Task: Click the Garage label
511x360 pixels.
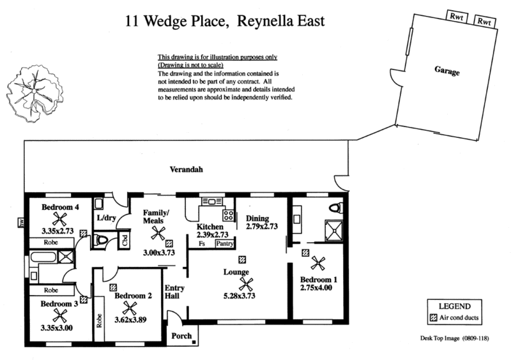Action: tap(446, 71)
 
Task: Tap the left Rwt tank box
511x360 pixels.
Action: tap(457, 17)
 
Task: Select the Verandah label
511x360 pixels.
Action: tap(186, 169)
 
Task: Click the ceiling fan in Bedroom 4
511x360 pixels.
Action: tap(59, 219)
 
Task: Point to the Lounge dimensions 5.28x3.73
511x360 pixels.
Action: tap(239, 296)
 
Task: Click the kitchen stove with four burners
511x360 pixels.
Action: tap(228, 215)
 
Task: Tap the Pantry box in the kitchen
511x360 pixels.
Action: tap(225, 244)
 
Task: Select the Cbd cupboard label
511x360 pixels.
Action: tap(125, 241)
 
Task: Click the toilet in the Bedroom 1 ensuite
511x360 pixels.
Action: tap(336, 207)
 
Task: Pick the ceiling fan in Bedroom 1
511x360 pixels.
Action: tap(317, 263)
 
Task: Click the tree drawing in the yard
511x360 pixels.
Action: tap(34, 93)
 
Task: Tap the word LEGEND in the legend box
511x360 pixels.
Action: tap(455, 306)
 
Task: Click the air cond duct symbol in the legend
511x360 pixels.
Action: tap(434, 318)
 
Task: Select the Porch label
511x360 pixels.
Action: tap(181, 336)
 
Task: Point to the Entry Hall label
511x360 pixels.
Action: tap(174, 292)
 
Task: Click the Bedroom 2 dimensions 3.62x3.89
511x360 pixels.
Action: tap(130, 320)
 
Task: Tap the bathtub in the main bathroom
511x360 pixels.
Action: tap(43, 257)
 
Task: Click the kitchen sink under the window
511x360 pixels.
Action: tap(211, 202)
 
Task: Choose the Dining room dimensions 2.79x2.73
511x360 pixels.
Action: tap(262, 227)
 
